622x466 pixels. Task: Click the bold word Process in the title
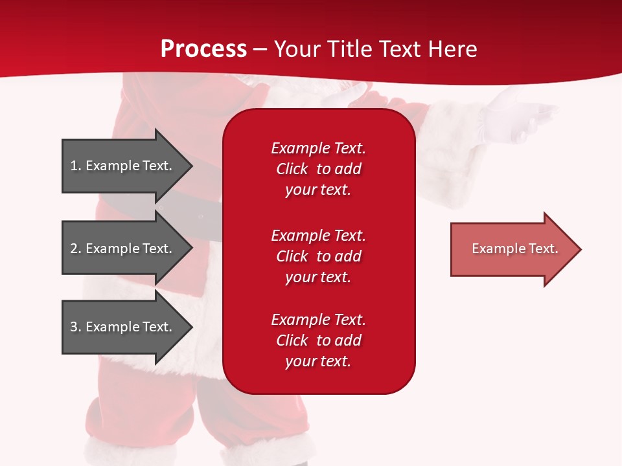click(203, 49)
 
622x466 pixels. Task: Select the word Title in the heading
click(349, 49)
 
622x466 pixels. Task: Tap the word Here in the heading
click(452, 49)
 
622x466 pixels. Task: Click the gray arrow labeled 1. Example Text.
click(127, 166)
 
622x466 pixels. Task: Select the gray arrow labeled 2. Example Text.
click(127, 248)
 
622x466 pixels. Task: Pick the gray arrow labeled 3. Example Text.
click(127, 327)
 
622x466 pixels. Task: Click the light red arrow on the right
click(516, 249)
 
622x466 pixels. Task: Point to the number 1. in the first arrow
click(76, 166)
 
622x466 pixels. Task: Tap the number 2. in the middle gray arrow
click(76, 249)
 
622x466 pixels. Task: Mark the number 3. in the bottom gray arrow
click(76, 326)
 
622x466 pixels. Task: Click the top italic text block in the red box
click(319, 169)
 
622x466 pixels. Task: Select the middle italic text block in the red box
click(319, 256)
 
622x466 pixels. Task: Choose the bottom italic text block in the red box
click(319, 340)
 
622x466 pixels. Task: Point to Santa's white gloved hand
click(516, 117)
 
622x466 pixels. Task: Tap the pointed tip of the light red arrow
click(581, 249)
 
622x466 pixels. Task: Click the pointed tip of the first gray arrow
click(192, 166)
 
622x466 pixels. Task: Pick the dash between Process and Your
click(260, 50)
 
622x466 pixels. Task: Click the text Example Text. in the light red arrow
click(515, 249)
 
